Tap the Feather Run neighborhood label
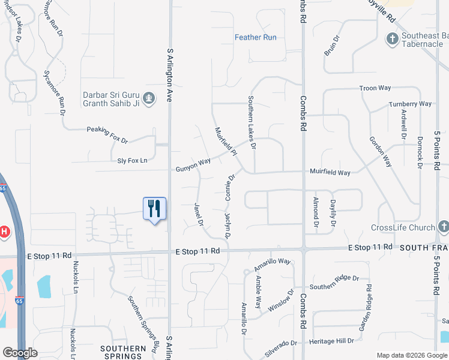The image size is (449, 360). click(256, 37)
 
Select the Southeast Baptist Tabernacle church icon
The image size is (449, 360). click(391, 39)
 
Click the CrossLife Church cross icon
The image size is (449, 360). click(443, 227)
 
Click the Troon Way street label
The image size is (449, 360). click(375, 88)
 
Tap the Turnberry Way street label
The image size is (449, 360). click(410, 104)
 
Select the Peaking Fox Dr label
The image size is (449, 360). click(107, 133)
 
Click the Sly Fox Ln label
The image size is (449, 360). click(132, 161)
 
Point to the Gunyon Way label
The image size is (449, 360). click(193, 164)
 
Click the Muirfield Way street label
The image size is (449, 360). click(330, 172)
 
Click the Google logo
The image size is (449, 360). click(20, 352)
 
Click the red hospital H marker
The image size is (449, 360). click(4, 232)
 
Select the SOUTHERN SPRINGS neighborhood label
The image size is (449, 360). click(123, 352)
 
